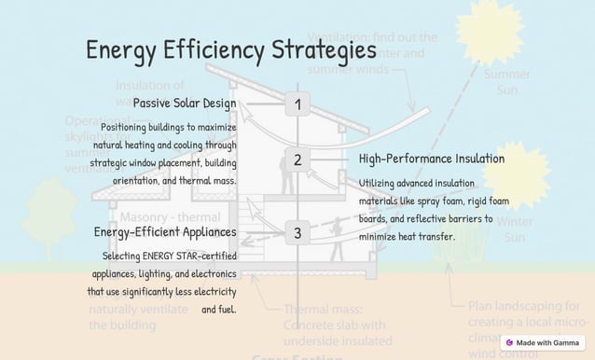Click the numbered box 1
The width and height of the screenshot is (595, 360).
297,104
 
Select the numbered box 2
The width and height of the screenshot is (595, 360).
297,159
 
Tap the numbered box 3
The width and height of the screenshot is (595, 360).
297,232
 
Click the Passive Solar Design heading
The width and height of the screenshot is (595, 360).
184,103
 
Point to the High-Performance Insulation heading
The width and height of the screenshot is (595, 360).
431,159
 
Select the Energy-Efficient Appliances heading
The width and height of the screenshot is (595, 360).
165,231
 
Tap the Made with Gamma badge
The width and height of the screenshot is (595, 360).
543,342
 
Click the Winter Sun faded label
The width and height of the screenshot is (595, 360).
514,229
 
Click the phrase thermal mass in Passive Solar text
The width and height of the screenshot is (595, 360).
212,180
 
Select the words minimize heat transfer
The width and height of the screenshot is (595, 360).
407,237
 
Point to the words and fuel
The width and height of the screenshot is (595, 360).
219,309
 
